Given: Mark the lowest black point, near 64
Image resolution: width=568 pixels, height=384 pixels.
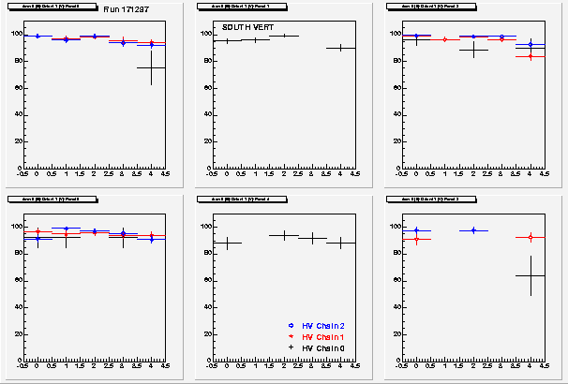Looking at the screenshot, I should (x=530, y=275).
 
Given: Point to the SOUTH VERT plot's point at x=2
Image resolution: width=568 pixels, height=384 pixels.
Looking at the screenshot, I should (x=283, y=36).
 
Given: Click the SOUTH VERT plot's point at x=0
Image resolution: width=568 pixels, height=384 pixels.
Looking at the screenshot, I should (x=226, y=41).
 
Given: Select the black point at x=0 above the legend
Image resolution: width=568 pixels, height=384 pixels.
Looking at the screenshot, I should (x=226, y=243).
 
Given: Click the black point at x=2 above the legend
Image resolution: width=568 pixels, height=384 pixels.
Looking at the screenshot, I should (x=283, y=235).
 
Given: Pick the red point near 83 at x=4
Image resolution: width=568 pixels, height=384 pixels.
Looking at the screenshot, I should (x=530, y=56).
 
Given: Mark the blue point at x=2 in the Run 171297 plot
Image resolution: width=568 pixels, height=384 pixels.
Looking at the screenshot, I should (x=94, y=37).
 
